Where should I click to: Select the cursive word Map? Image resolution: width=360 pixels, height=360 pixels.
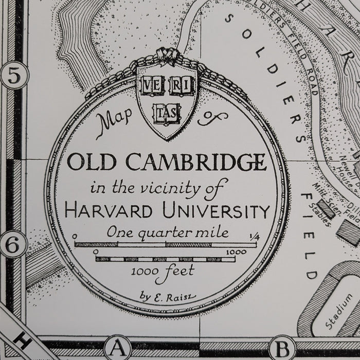(x=113, y=123)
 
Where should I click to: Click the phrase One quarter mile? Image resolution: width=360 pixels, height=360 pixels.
(x=167, y=232)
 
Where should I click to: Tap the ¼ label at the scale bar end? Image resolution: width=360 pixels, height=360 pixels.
(x=255, y=236)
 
